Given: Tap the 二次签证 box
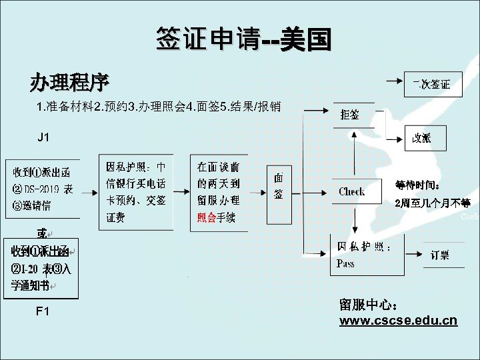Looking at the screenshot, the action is tap(431, 84).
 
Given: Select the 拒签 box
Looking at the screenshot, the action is tap(350, 114).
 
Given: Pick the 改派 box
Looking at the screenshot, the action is tap(421, 138).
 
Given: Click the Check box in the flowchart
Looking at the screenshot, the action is tap(351, 191).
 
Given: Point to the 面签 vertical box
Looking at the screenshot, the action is tap(279, 187).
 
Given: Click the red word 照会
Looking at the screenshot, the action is tap(206, 217).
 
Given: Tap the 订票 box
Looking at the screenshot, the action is tap(439, 255).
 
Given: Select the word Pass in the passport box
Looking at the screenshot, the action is tap(346, 263).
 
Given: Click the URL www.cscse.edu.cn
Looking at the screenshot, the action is tap(398, 321).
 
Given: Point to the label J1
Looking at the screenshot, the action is tap(43, 137).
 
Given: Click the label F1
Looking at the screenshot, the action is tap(43, 311).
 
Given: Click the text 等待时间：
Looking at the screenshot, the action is tap(417, 185).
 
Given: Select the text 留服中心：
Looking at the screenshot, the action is tap(369, 305).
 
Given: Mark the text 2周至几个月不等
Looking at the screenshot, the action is tap(432, 203).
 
